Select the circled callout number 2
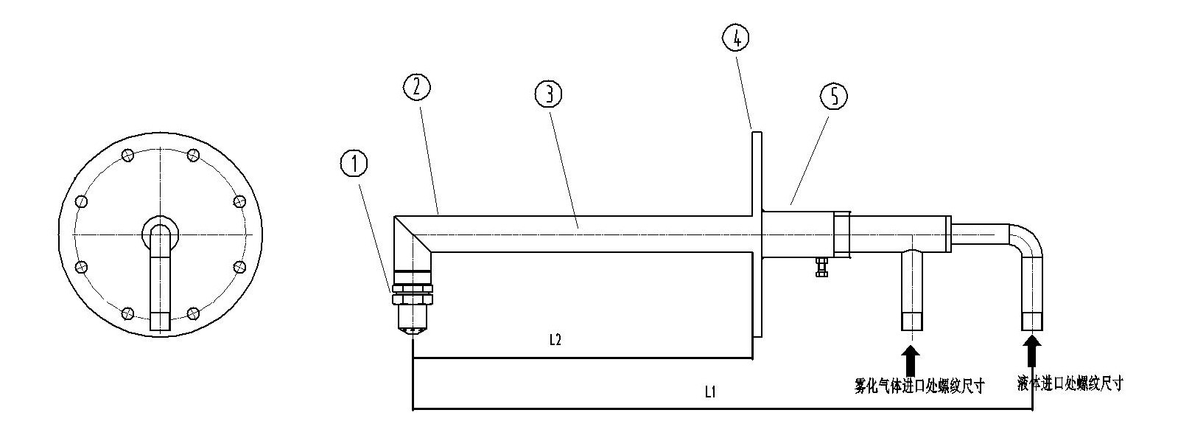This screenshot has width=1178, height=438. coord(416,87)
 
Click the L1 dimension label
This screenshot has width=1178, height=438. coord(710,394)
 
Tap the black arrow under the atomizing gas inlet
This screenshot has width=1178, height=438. coord(911,359)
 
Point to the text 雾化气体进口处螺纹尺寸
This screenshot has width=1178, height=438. coord(919,386)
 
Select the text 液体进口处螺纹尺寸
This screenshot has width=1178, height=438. coord(1070,383)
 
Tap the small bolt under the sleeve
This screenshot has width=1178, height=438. coord(821,266)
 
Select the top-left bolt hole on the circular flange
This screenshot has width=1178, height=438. coord(128,155)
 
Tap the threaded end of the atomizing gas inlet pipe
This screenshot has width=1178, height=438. coord(912,321)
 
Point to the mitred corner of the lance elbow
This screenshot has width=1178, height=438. coord(413,234)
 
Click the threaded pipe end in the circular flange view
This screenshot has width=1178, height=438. coord(160,321)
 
